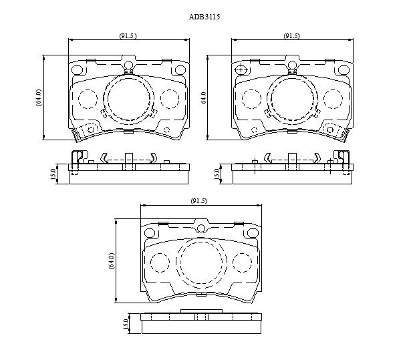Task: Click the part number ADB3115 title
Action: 204,17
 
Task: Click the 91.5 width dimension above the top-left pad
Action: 128,36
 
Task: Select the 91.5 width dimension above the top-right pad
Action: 291,36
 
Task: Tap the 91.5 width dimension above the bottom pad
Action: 199,201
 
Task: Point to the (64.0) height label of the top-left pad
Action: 39,98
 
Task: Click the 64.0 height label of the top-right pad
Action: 204,98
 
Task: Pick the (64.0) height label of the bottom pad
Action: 112,260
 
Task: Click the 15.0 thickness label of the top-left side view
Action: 53,174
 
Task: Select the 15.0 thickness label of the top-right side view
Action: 217,174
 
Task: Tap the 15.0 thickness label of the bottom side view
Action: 126,324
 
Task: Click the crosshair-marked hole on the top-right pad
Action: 241,70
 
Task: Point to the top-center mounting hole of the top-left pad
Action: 128,65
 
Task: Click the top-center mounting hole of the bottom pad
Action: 201,228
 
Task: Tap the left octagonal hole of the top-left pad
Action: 77,70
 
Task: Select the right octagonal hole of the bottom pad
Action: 253,233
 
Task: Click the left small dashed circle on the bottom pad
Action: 160,262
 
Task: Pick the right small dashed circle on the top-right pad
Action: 333,99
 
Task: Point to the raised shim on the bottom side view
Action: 202,311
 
